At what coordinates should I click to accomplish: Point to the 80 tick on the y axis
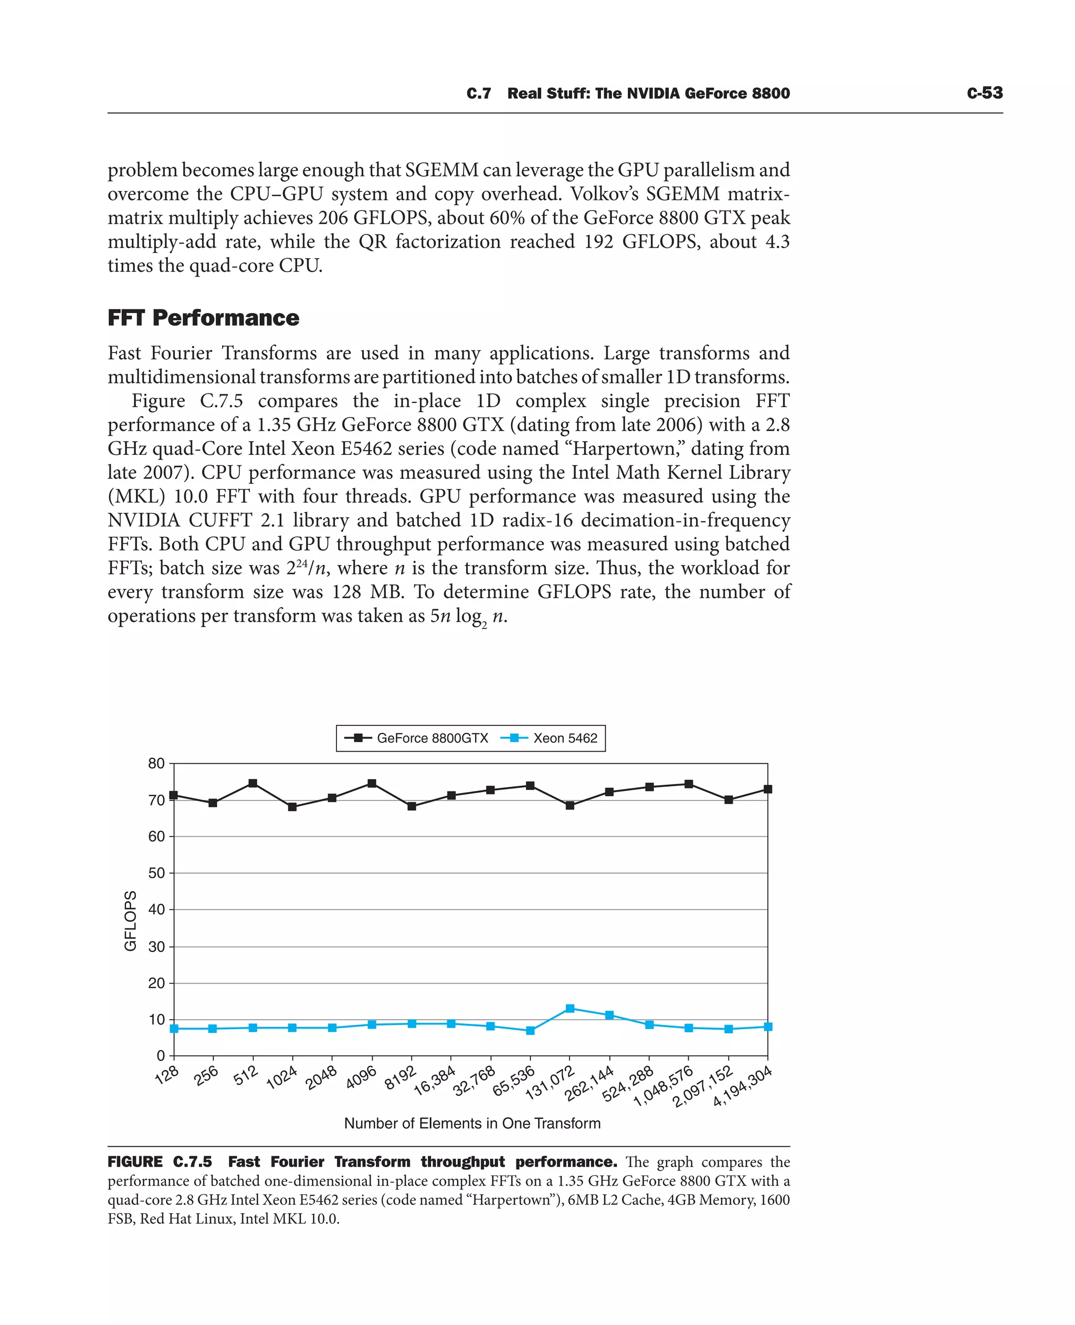point(156,764)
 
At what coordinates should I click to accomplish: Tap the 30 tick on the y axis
point(156,947)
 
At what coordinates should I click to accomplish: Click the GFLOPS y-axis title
point(131,921)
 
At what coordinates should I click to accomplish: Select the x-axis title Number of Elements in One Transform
point(472,1123)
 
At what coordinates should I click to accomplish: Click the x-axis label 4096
point(361,1078)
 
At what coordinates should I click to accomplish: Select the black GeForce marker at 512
point(252,784)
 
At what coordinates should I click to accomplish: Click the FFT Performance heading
point(203,317)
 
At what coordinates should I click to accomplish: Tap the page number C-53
point(984,93)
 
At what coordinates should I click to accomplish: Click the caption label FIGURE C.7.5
point(160,1162)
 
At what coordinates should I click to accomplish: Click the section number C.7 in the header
point(479,93)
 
